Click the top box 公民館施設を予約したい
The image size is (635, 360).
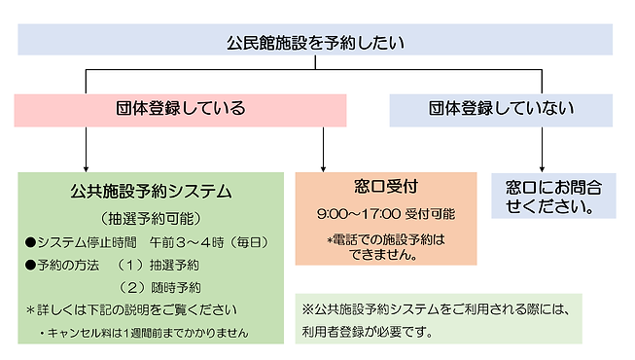[315, 42]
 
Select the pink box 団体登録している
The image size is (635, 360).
[180, 109]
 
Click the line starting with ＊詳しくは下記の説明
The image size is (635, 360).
[130, 310]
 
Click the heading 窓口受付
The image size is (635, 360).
[386, 186]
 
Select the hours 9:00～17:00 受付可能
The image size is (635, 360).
[385, 213]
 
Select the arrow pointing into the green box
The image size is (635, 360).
[88, 156]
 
